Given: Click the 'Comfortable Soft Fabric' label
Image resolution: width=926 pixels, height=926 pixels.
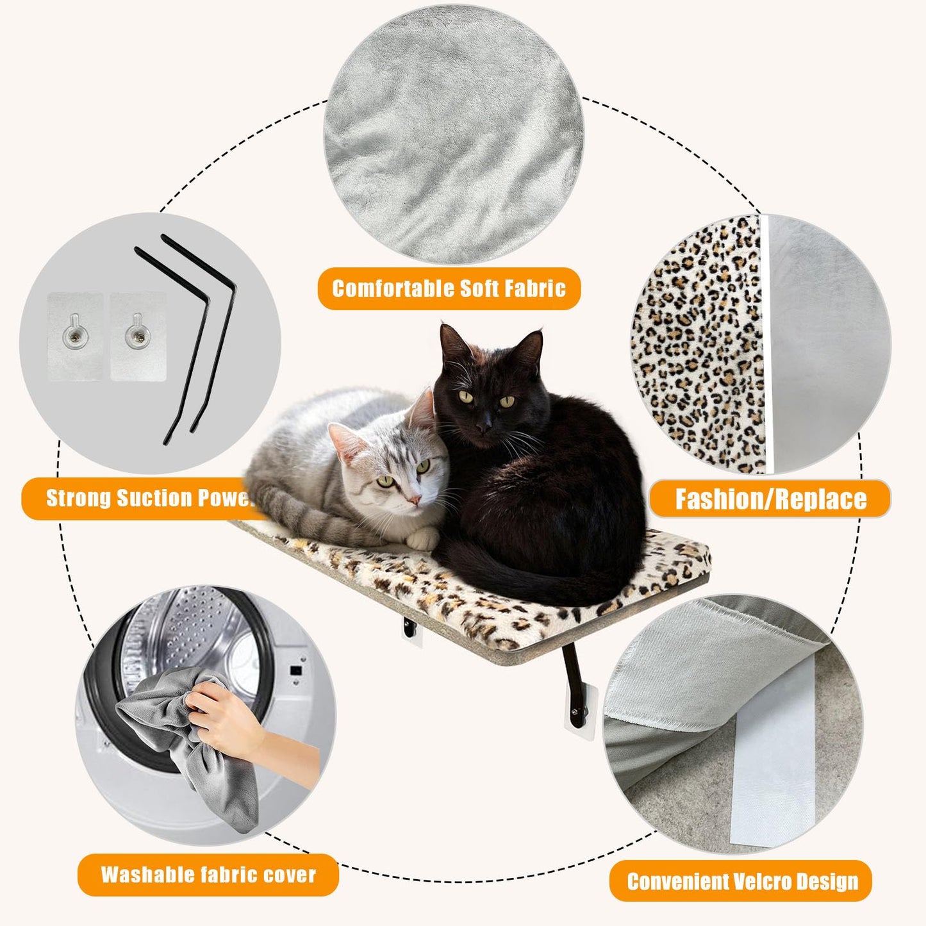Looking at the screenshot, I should tap(449, 288).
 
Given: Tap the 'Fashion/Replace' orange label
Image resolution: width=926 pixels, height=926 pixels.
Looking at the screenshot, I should tap(770, 499).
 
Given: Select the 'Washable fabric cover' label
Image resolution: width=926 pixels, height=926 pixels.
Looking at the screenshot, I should tap(208, 875).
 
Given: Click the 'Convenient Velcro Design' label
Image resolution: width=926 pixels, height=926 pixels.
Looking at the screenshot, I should tap(741, 881).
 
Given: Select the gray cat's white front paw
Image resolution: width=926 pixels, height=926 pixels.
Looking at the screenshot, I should tap(422, 539).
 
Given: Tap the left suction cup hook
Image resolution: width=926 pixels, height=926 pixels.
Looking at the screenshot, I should tap(76, 336).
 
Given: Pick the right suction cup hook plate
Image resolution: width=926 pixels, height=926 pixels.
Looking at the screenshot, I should tap(137, 336).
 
